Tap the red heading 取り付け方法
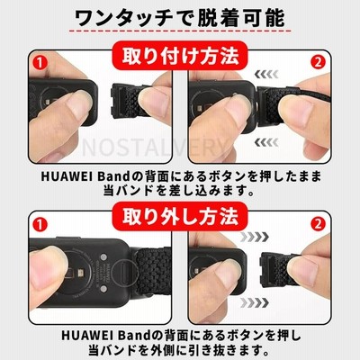pyautogui.click(x=180, y=56)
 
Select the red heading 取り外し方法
pyautogui.click(x=180, y=216)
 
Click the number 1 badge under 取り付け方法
pyautogui.click(x=40, y=63)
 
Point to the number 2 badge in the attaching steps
pyautogui.click(x=318, y=63)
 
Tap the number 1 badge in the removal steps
pyautogui.click(x=40, y=224)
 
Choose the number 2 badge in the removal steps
pyautogui.click(x=318, y=224)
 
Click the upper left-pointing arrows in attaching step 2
pyautogui.click(x=266, y=74)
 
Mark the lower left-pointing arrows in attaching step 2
pyautogui.click(x=266, y=142)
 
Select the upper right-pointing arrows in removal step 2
pyautogui.click(x=255, y=237)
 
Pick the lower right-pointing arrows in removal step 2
pyautogui.click(x=255, y=303)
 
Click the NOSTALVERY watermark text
pyautogui.click(x=155, y=147)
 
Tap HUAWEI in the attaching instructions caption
pyautogui.click(x=67, y=176)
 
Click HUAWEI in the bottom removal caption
pyautogui.click(x=88, y=336)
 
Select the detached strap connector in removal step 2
pyautogui.click(x=277, y=265)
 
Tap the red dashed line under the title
pyautogui.click(x=180, y=31)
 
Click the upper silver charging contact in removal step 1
pyautogui.click(x=103, y=257)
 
